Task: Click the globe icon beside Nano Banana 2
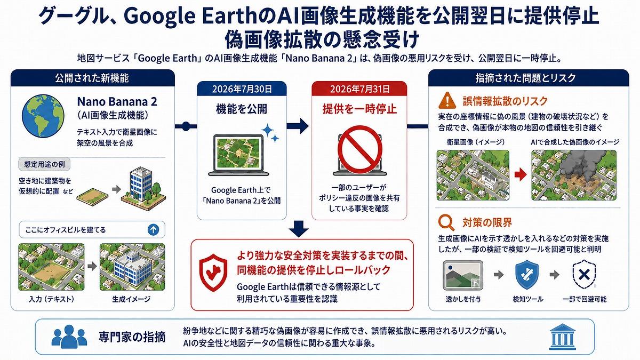pos(43,116)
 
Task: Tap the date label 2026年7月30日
pos(242,89)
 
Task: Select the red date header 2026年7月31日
pos(359,89)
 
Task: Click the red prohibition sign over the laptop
pos(359,149)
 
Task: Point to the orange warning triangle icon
pos(447,100)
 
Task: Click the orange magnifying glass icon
pos(446,223)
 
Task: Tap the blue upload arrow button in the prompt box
pos(154,229)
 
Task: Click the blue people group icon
pos(69,337)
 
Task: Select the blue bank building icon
pos(562,337)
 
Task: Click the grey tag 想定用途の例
pos(44,164)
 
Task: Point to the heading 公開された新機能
pos(92,78)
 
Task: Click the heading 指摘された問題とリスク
pos(526,78)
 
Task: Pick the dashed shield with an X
pos(585,275)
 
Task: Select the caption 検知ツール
pos(527,299)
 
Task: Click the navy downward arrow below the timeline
pos(299,229)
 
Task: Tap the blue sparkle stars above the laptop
pos(270,133)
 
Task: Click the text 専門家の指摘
pos(132,337)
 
